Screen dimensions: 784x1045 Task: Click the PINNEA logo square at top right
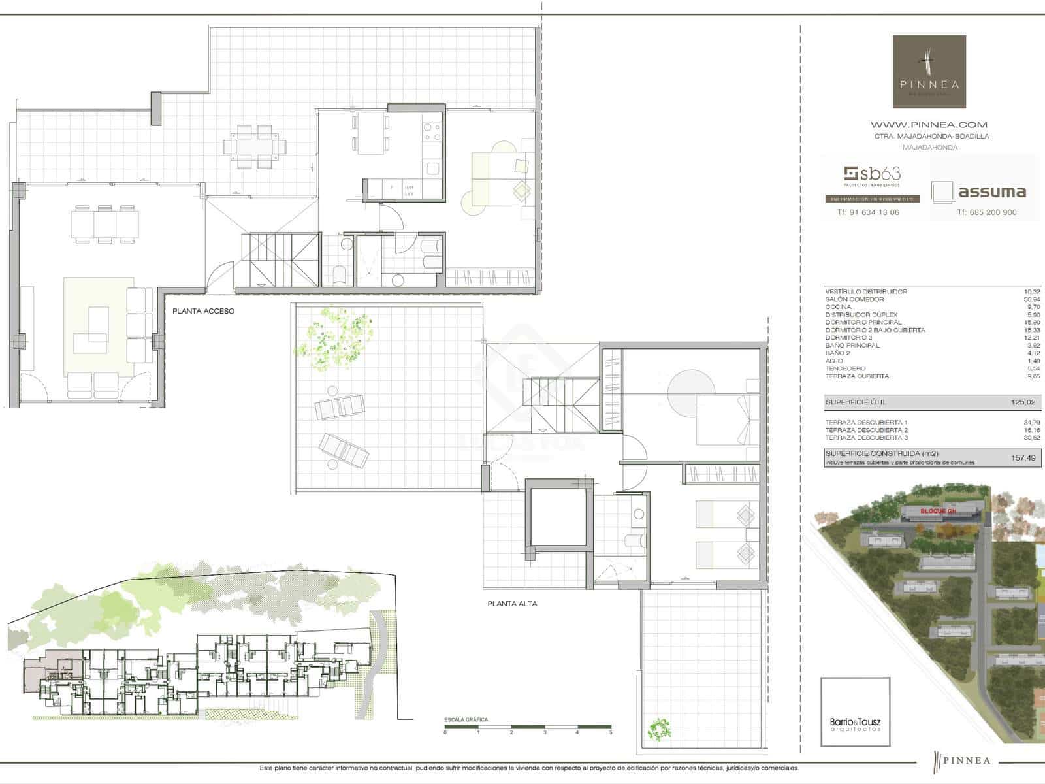(929, 72)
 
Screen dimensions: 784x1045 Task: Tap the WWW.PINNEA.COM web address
(929, 124)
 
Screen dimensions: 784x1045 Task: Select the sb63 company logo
(872, 174)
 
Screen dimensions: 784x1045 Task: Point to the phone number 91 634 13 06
(868, 212)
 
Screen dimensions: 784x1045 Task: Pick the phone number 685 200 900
(987, 212)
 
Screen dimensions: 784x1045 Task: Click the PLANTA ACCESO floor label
(203, 311)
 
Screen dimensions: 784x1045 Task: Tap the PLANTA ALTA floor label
(512, 604)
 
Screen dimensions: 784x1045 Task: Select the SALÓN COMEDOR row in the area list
(854, 299)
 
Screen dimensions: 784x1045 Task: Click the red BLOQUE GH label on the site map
(938, 511)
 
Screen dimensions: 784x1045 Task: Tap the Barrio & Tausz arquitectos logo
(855, 713)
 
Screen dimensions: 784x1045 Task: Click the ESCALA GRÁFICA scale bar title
(466, 720)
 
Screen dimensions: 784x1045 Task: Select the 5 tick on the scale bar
(611, 732)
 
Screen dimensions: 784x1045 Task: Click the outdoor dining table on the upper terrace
(255, 146)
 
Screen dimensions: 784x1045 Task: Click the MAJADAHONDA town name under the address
(929, 148)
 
